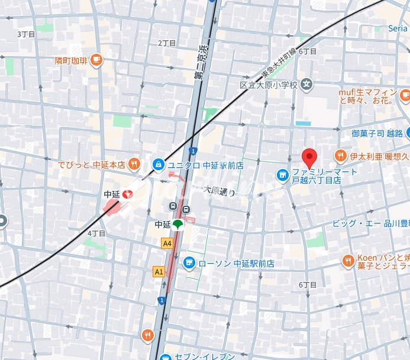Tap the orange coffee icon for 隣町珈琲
tap(96, 60)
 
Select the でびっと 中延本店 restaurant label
tap(91, 164)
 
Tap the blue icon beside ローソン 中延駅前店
tap(189, 262)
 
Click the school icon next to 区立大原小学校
tap(306, 85)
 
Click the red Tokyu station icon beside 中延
tap(128, 193)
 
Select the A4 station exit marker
tap(167, 242)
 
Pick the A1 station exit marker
tap(159, 271)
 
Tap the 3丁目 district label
tap(27, 34)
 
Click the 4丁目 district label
tap(96, 233)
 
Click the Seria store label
tap(397, 28)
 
